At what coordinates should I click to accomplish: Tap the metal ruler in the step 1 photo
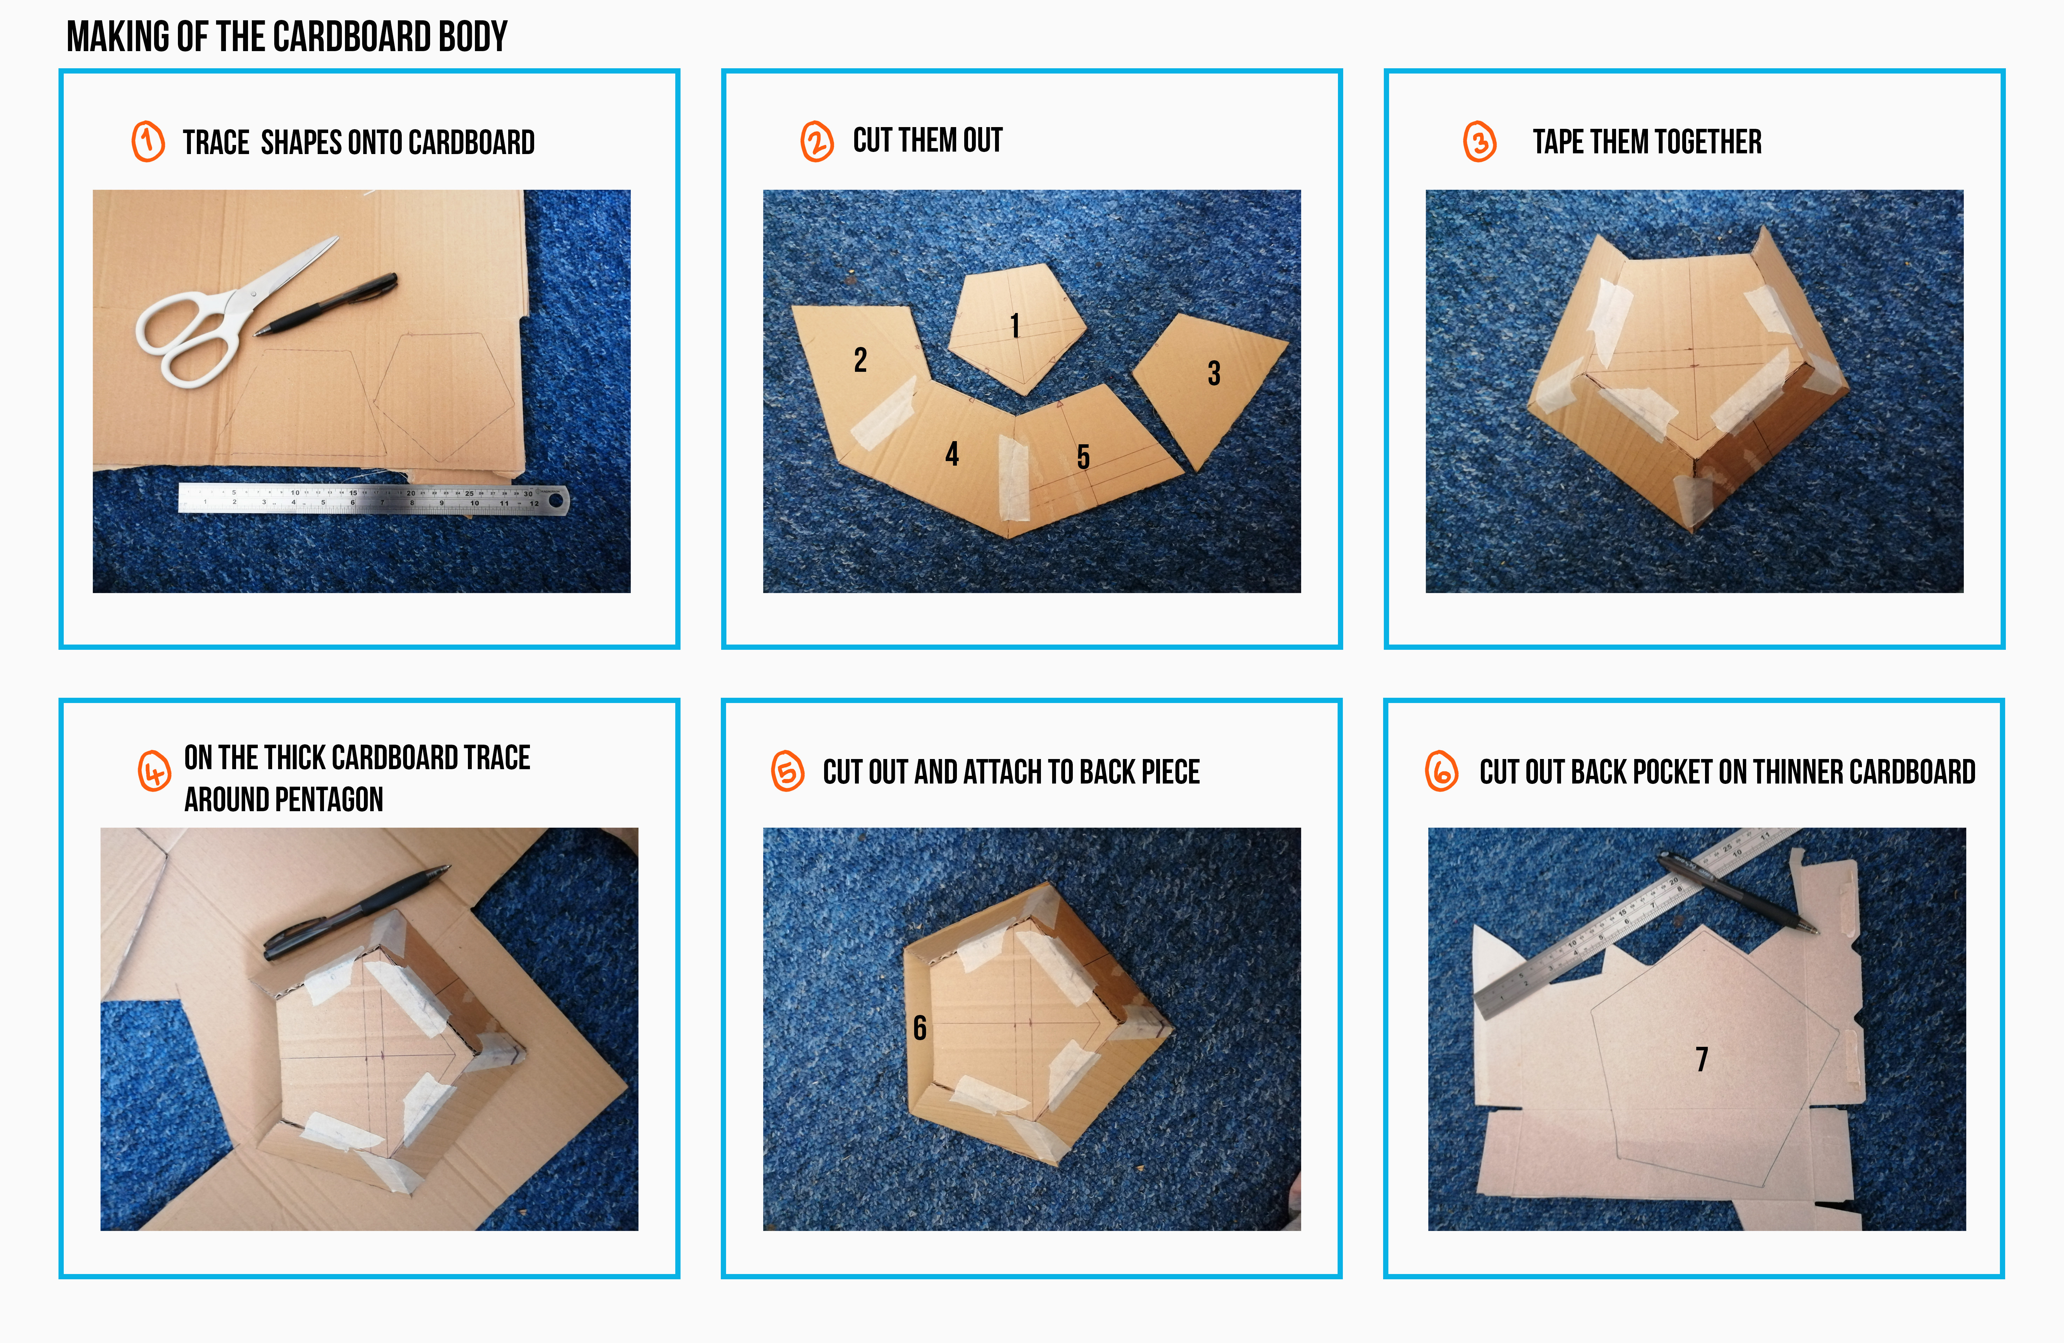[x=373, y=499]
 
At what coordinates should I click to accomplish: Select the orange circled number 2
[x=817, y=141]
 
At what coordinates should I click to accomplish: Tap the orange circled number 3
[x=1479, y=141]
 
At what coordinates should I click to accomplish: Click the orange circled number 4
[x=154, y=771]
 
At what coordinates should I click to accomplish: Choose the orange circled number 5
[x=787, y=771]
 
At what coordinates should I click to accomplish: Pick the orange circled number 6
[x=1441, y=771]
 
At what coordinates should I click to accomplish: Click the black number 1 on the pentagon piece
[x=1015, y=326]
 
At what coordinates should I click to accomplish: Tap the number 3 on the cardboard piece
[x=1214, y=374]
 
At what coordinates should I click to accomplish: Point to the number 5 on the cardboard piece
[x=1083, y=457]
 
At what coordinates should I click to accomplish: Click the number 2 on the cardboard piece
[x=860, y=360]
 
